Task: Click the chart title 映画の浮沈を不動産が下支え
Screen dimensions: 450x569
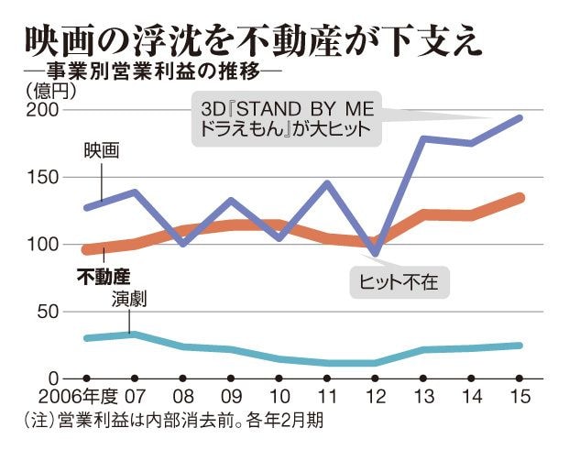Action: coord(253,41)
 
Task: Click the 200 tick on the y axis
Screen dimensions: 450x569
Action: coord(44,111)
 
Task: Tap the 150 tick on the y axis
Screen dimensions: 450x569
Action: coord(44,178)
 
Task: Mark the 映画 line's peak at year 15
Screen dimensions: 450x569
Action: coord(519,118)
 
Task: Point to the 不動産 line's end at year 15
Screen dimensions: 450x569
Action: coord(519,197)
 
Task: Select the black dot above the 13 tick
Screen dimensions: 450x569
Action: coord(422,378)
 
